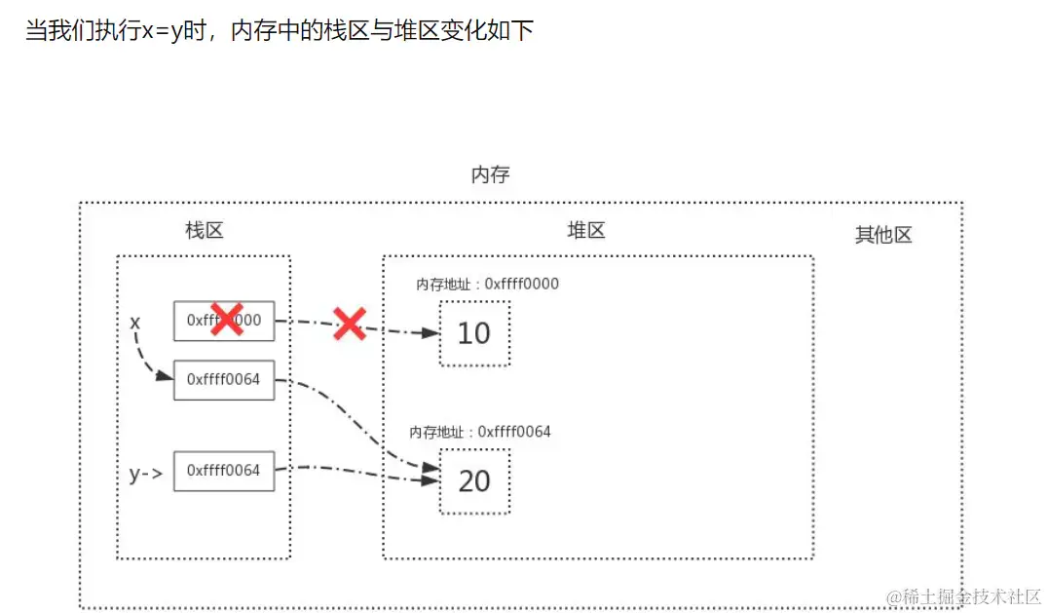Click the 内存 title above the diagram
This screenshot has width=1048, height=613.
(490, 175)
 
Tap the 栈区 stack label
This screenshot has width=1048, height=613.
(205, 231)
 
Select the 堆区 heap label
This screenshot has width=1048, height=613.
(586, 231)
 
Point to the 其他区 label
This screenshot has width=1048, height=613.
(883, 235)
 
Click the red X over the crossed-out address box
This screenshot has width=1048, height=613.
(227, 319)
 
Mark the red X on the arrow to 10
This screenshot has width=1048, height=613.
(349, 324)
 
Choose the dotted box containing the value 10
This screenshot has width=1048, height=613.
(474, 333)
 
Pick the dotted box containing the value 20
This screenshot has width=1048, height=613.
(474, 480)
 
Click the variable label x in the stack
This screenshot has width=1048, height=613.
(135, 322)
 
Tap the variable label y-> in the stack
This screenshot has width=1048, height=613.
(144, 475)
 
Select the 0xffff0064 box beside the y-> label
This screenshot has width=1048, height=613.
(224, 471)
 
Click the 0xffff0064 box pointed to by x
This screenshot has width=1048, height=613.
(224, 380)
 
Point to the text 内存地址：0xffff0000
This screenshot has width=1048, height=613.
(487, 285)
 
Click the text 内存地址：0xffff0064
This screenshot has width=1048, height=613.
(480, 432)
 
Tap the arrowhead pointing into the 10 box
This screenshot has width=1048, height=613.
(430, 333)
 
